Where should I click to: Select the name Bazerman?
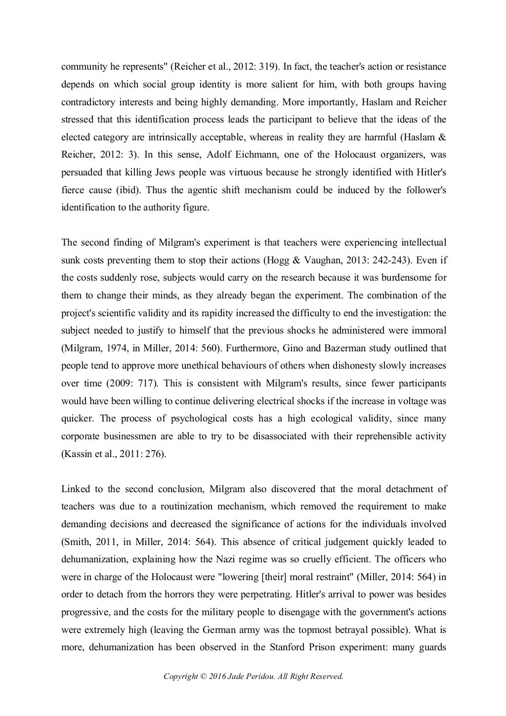click(x=329, y=348)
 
